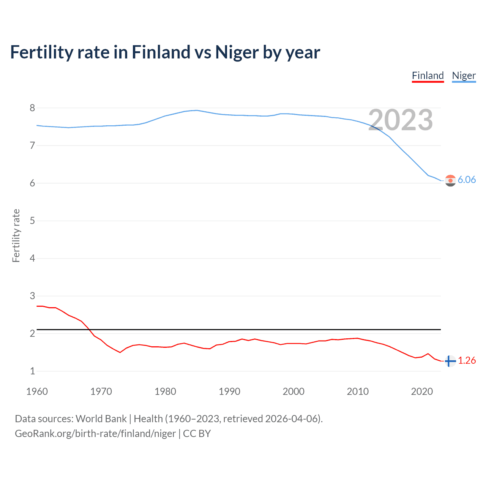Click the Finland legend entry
tap(428, 76)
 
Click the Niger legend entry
tap(464, 76)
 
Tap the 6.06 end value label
tap(467, 180)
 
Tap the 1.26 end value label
tap(467, 360)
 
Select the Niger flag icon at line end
tap(450, 181)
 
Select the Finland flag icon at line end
tap(450, 361)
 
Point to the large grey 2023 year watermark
tap(401, 120)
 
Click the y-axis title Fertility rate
tap(16, 235)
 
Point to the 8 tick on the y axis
tap(32, 108)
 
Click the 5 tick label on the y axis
tap(32, 221)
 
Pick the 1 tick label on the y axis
tap(32, 371)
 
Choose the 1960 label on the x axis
tap(37, 391)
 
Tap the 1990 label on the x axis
tap(229, 391)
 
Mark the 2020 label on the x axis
tap(422, 391)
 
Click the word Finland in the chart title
tap(161, 52)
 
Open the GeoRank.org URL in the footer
tap(95, 434)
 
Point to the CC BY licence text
tap(197, 434)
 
